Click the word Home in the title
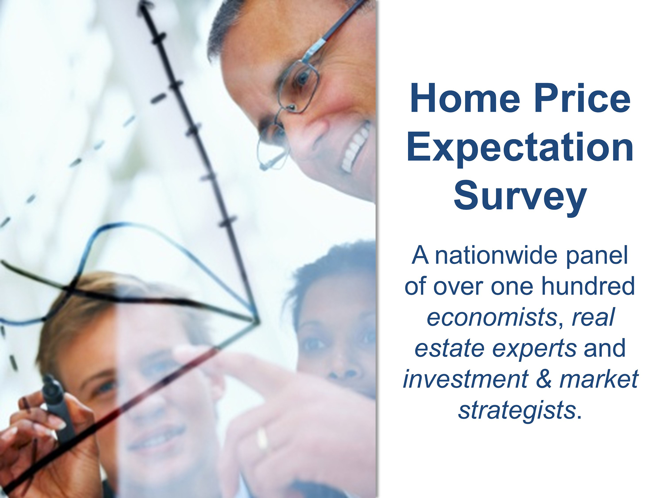pos(465,99)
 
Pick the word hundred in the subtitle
pos(588,286)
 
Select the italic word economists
pos(492,317)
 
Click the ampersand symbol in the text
pos(543,379)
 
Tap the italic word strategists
pos(517,411)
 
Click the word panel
pos(597,256)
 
